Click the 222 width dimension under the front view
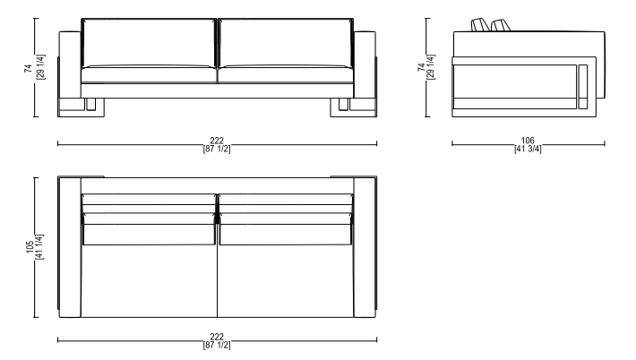coord(217,141)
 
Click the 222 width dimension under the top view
coord(217,337)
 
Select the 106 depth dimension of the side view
coord(528,141)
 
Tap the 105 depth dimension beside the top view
coord(30,247)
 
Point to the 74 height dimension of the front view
coord(28,68)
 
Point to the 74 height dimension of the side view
coord(421,67)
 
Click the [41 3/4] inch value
coord(528,149)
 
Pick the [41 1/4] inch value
coord(39,247)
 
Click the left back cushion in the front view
coord(149,43)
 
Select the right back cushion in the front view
coord(286,43)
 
